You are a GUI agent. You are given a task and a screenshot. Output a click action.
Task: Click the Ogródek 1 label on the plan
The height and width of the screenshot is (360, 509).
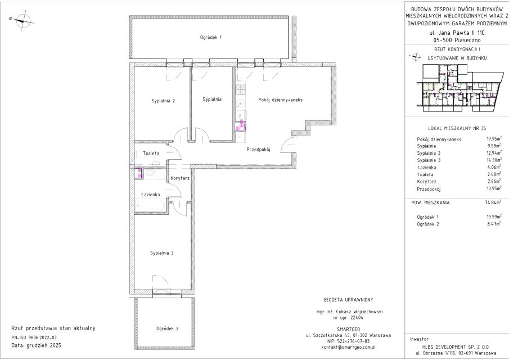click(211, 37)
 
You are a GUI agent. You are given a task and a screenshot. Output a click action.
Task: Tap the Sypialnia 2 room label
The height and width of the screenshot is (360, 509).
click(163, 101)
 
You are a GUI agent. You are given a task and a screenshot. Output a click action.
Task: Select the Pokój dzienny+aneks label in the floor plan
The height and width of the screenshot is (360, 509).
click(281, 100)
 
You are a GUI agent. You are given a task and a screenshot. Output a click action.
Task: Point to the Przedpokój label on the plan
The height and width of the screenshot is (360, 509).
click(258, 150)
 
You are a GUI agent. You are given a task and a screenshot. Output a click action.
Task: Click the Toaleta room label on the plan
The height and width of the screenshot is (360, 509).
click(151, 153)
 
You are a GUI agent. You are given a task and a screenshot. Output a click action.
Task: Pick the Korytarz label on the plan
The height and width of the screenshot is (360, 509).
click(180, 178)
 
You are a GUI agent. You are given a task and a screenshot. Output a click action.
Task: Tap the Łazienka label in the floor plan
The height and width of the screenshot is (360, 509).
click(151, 195)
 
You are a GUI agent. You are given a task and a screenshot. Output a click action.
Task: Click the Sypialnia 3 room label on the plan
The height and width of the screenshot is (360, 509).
click(161, 253)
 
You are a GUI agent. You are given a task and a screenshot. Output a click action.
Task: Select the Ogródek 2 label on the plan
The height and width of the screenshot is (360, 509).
click(168, 328)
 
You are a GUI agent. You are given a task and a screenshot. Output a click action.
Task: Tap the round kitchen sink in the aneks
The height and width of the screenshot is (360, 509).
click(241, 103)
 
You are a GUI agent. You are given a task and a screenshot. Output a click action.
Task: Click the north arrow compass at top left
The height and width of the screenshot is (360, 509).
click(22, 20)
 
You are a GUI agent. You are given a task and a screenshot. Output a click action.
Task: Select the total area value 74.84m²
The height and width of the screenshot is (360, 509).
click(492, 202)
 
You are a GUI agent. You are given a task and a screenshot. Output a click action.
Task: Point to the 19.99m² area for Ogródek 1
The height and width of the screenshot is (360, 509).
click(492, 217)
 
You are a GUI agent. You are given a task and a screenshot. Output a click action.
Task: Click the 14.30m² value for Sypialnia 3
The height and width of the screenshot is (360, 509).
click(492, 160)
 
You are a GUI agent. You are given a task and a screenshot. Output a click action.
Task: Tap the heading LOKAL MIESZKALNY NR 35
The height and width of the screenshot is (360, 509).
click(457, 128)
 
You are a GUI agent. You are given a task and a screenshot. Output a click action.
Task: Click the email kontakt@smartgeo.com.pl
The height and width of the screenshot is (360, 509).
click(348, 347)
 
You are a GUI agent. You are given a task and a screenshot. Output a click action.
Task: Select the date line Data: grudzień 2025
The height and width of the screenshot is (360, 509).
click(37, 345)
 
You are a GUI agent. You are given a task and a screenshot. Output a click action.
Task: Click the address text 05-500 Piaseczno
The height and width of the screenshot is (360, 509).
click(457, 40)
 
